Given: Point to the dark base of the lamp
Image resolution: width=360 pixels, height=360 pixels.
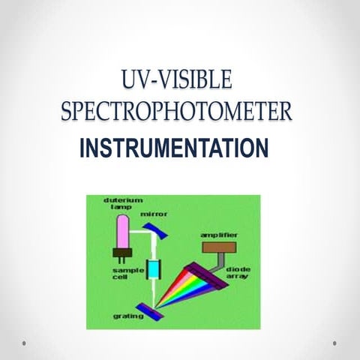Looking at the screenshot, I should point(121,253).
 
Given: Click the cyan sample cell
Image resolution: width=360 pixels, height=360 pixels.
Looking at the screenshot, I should point(156,268).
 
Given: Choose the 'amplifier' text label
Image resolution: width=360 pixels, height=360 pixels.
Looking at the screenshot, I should point(219,235).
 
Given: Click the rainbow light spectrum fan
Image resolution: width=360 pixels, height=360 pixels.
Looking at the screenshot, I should point(187,289).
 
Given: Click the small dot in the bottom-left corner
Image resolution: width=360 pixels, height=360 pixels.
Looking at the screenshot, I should point(24,343).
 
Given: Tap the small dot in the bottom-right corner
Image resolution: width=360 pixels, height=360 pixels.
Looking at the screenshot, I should point(334,343).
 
